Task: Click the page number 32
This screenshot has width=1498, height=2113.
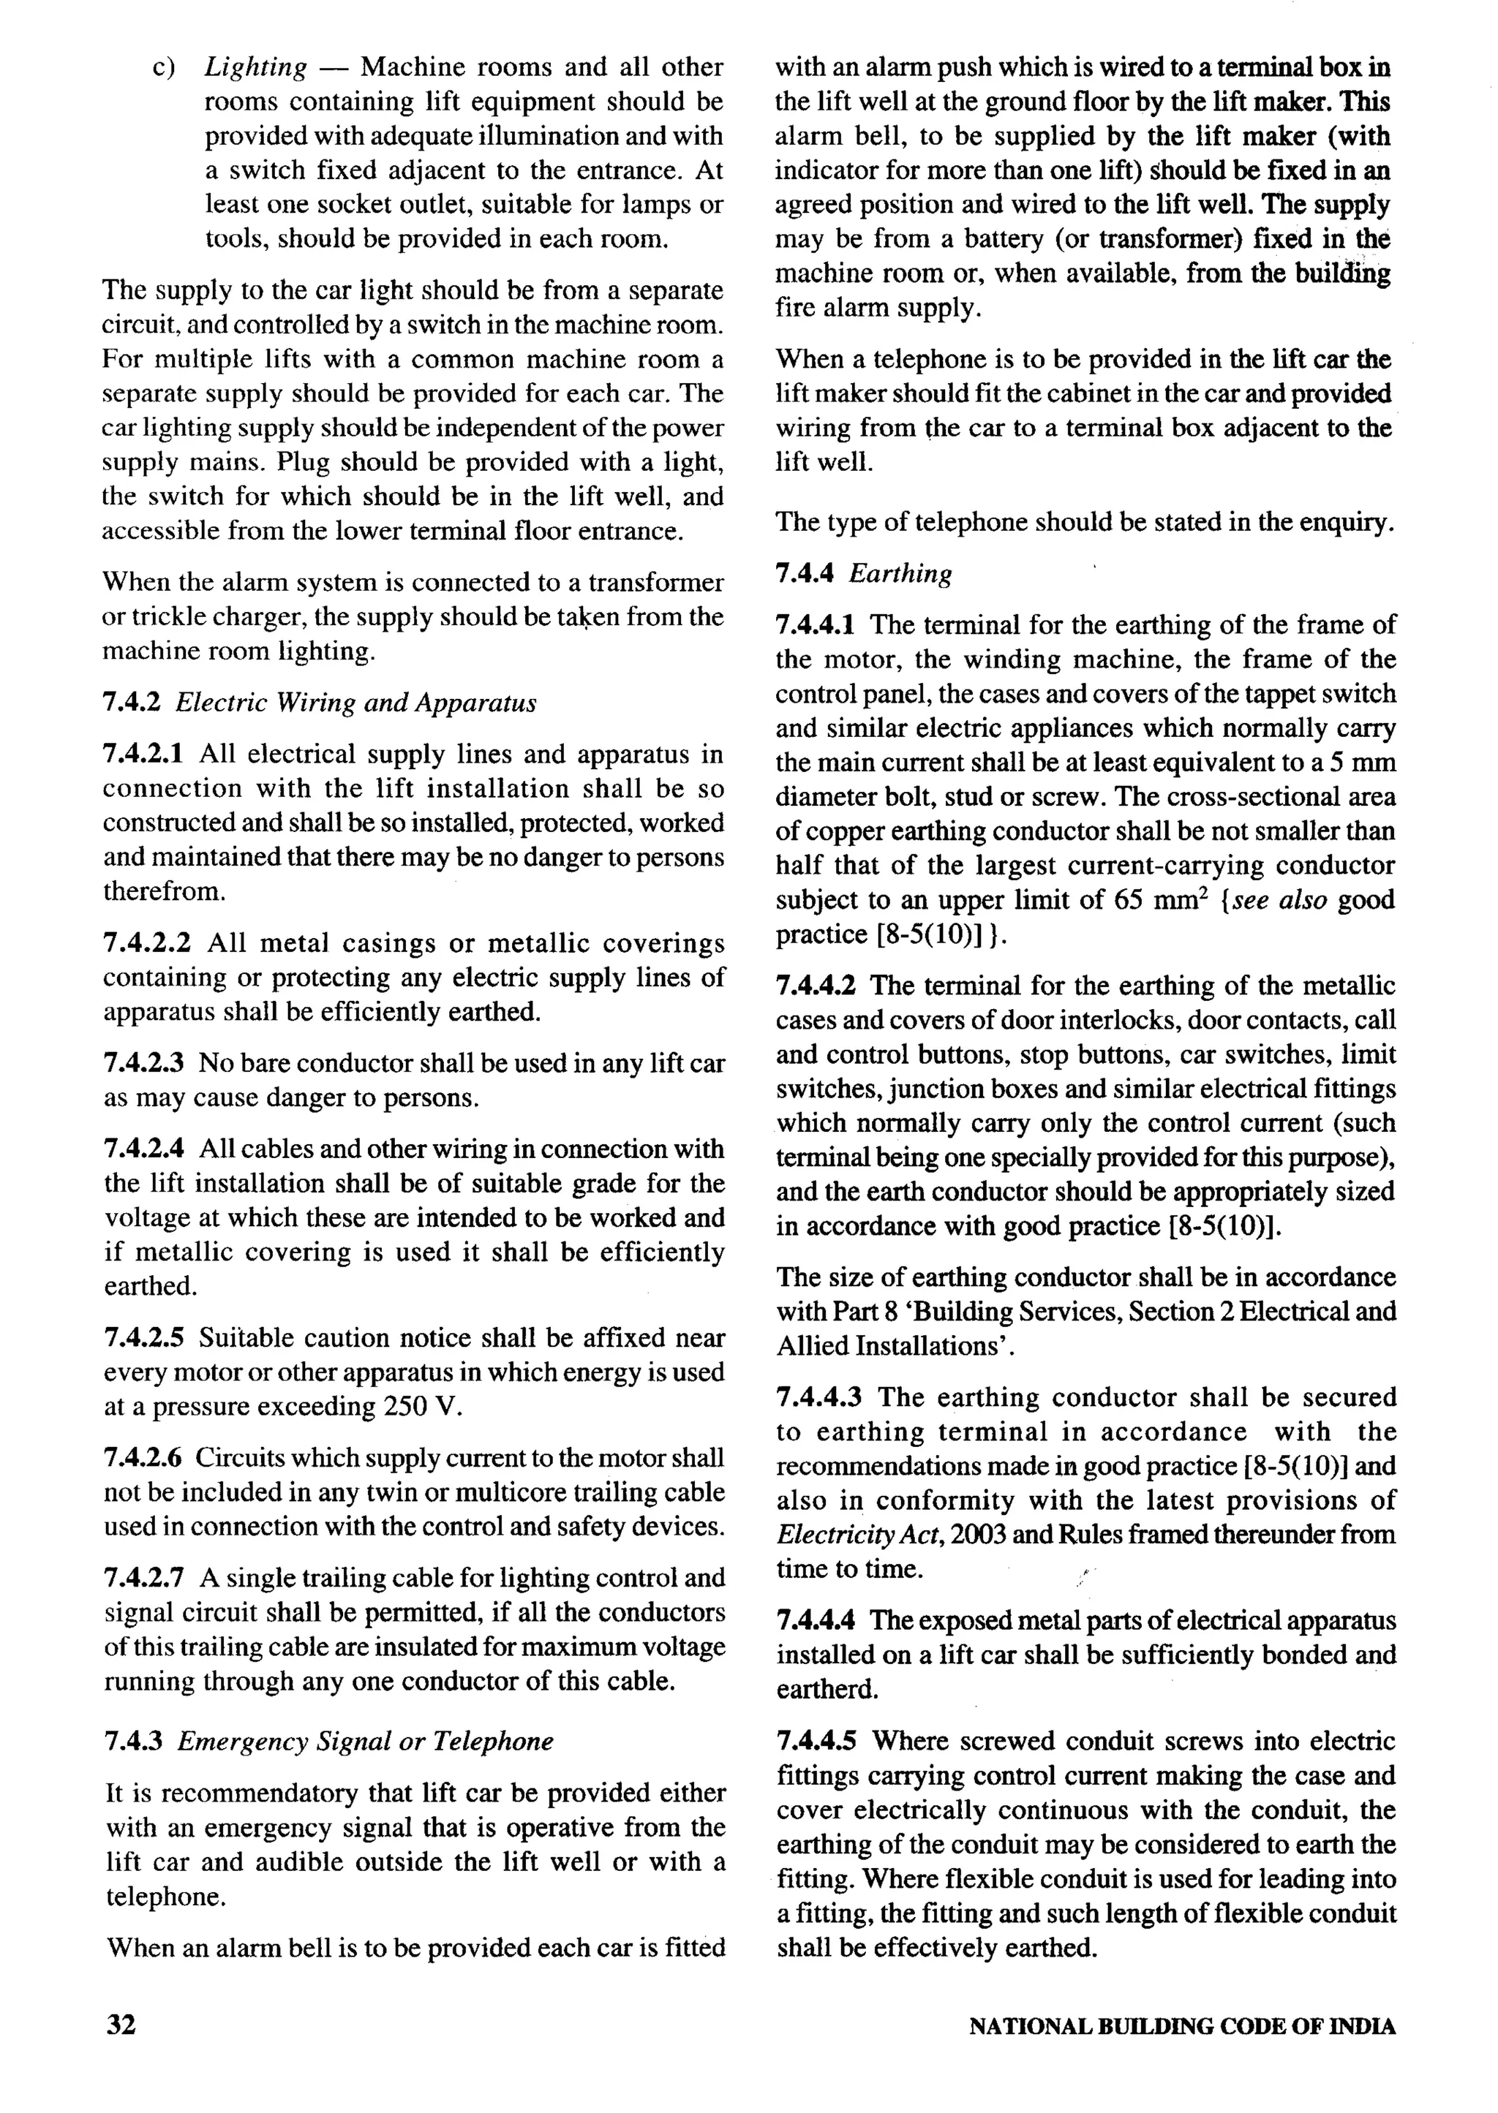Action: coord(121,2025)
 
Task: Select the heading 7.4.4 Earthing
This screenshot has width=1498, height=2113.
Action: coord(863,573)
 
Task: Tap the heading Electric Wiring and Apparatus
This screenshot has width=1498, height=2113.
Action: coord(355,703)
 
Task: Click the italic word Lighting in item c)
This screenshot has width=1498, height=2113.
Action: coord(255,67)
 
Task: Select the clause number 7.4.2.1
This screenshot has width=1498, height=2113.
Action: coord(143,754)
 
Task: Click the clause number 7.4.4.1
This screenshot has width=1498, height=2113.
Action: coord(816,625)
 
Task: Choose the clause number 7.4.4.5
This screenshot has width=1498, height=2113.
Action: coord(816,1741)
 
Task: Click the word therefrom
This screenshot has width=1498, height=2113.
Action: coord(163,891)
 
